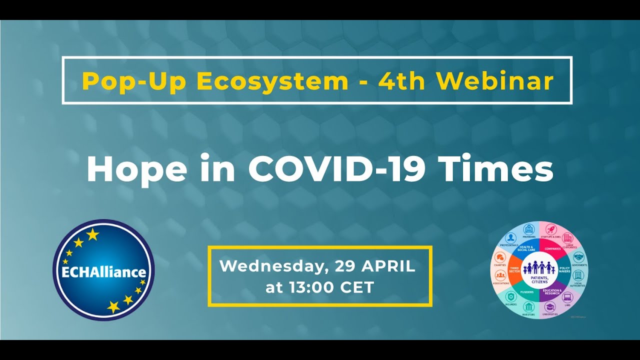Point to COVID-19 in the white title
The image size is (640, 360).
point(336,169)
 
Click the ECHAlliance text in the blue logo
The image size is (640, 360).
point(104,272)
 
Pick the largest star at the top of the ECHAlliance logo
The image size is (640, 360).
point(92,234)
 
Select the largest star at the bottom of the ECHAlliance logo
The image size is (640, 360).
point(113,306)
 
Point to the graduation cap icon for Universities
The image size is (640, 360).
point(550,306)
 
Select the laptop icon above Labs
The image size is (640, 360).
point(567,296)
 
